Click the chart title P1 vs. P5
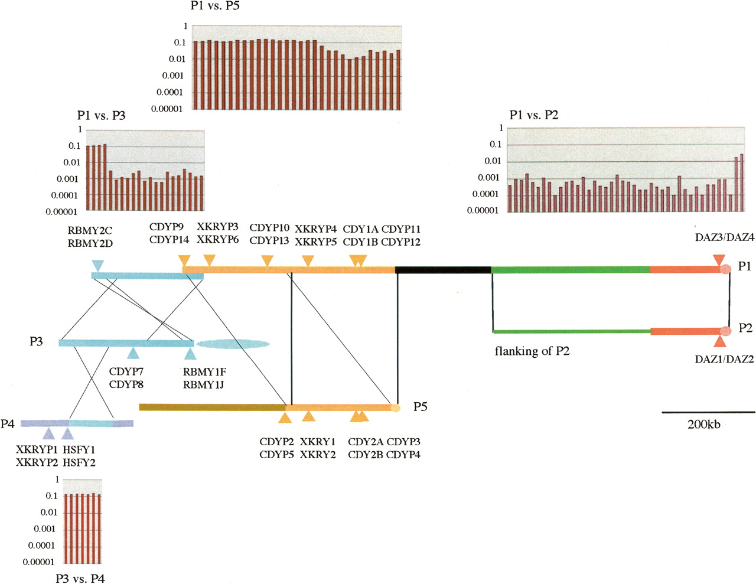click(215, 6)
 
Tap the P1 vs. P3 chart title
click(101, 115)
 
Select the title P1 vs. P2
click(533, 115)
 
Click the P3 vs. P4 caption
click(80, 578)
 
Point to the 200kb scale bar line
click(708, 412)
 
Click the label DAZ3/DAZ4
click(724, 237)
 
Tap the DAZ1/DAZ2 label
click(724, 359)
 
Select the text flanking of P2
click(532, 351)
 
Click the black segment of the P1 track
click(443, 270)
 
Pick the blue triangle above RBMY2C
click(98, 265)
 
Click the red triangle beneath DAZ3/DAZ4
click(719, 260)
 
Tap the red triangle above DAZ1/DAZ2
click(719, 342)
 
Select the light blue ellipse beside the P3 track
click(233, 344)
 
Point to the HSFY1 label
click(79, 449)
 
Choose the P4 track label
click(8, 423)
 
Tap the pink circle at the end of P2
click(726, 331)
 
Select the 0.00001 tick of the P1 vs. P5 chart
click(167, 109)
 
